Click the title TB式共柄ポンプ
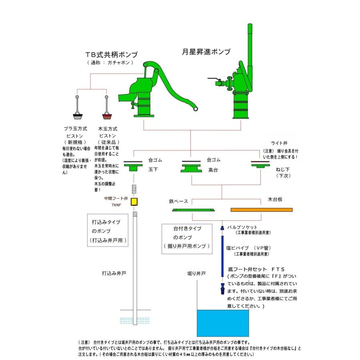point(112,55)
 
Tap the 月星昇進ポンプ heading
point(206,52)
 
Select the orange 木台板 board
point(262,210)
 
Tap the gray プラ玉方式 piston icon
point(78,116)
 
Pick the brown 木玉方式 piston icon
point(107,116)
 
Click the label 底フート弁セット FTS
point(252,269)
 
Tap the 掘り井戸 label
point(196,274)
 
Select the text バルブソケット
point(242,227)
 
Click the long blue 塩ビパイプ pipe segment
point(222,256)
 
